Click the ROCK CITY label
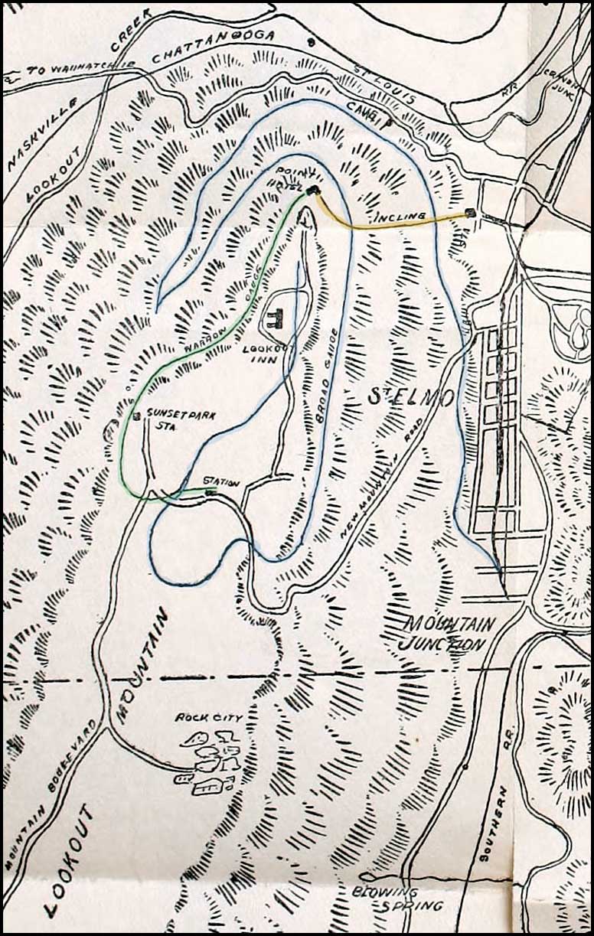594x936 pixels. (x=209, y=718)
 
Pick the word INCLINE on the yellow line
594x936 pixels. (x=400, y=217)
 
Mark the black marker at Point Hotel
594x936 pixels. (x=312, y=191)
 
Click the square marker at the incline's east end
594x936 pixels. (x=470, y=213)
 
